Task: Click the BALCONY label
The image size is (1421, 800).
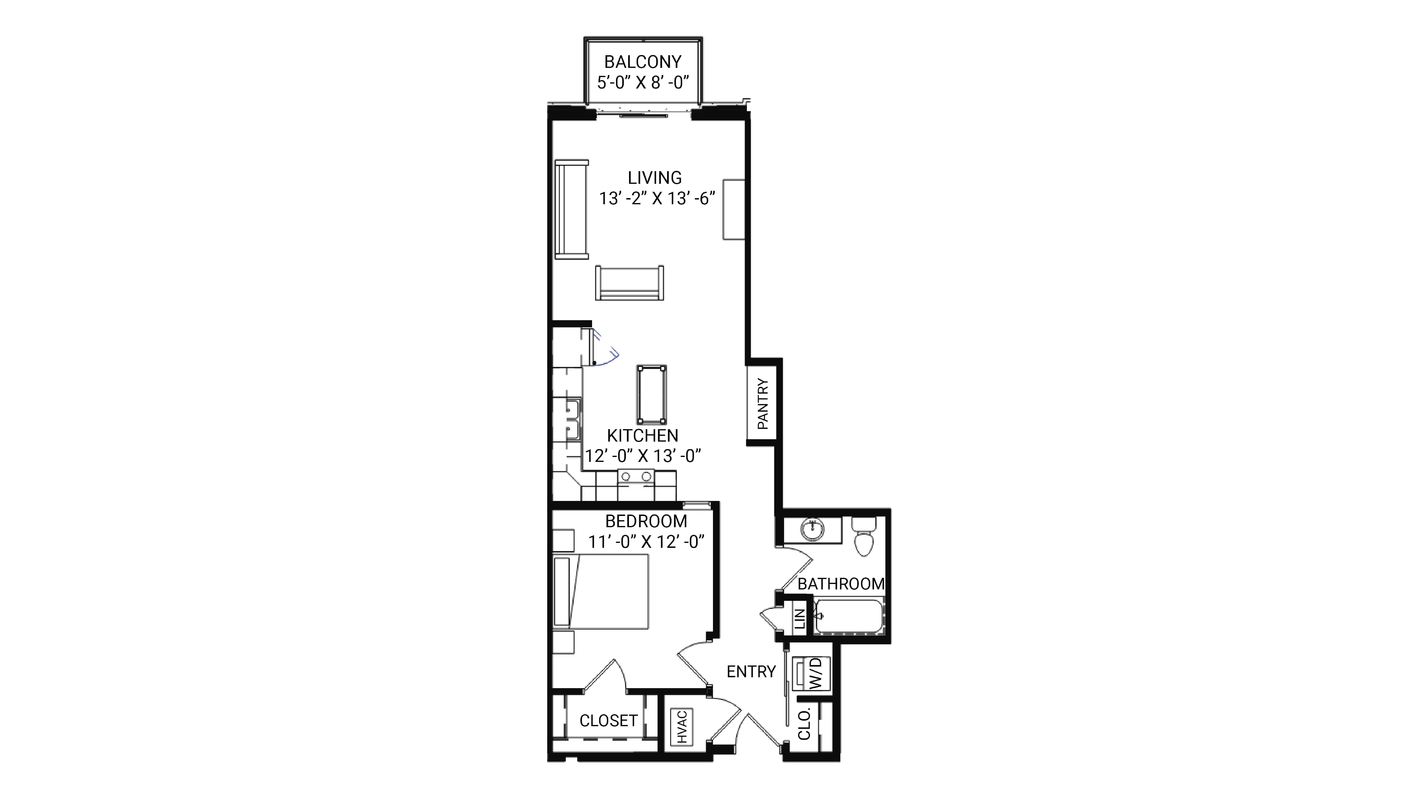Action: (643, 62)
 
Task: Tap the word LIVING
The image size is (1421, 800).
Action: (655, 178)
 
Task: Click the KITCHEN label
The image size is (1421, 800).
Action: (643, 435)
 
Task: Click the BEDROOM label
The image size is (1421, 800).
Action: (646, 521)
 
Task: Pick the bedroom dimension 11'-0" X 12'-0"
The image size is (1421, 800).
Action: (646, 542)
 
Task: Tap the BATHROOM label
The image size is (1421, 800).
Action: (841, 584)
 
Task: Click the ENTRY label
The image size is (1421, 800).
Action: (751, 671)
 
